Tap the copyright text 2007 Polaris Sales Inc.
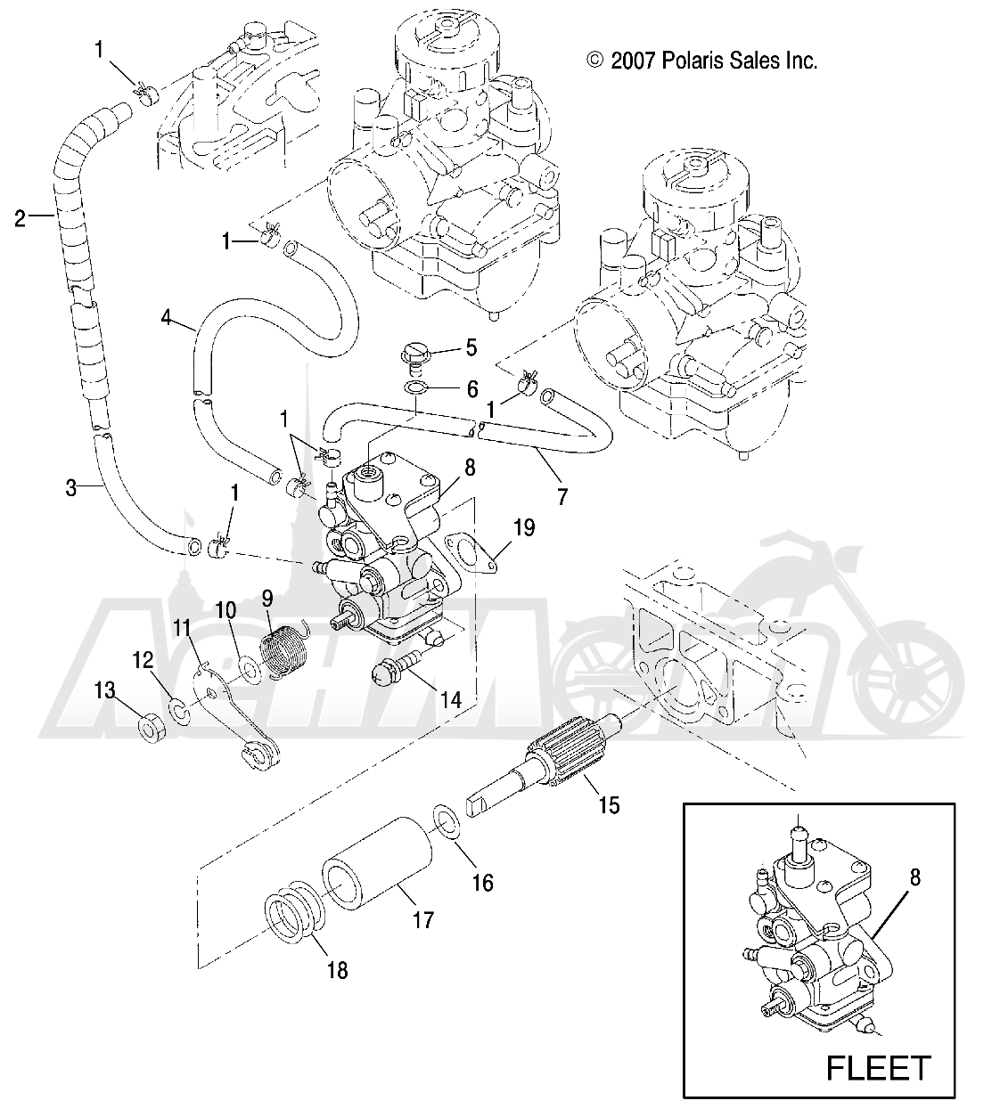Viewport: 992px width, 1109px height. point(701,61)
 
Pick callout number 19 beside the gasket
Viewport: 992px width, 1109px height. point(524,529)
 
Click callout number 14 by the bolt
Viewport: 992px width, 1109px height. point(475,700)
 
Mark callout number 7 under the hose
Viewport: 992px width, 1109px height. point(562,497)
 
